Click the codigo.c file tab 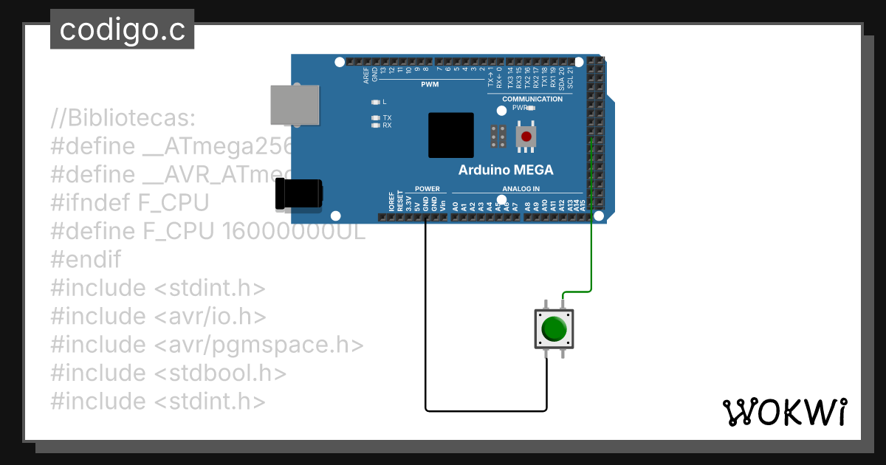[x=122, y=30]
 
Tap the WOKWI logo [x=784, y=412]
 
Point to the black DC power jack [x=298, y=194]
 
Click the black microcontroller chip [x=450, y=135]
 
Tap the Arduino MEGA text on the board [x=506, y=170]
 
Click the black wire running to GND [x=426, y=317]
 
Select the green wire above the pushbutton [x=591, y=251]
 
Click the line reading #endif [x=86, y=260]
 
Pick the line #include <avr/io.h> [x=158, y=317]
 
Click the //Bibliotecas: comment [x=123, y=117]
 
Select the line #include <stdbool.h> [x=168, y=373]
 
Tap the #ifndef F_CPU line [x=130, y=202]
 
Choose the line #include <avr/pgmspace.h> [x=207, y=345]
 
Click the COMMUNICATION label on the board [x=532, y=99]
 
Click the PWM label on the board [x=430, y=84]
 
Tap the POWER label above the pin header [x=427, y=189]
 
